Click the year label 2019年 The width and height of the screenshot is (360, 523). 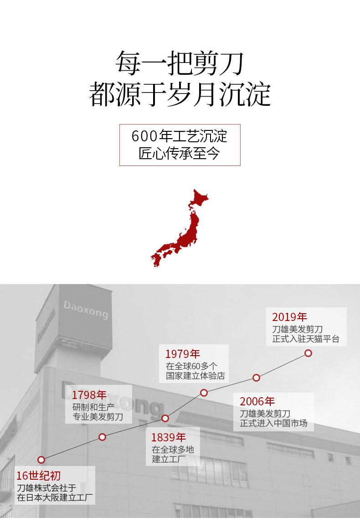click(290, 317)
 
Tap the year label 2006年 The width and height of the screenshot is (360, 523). click(257, 402)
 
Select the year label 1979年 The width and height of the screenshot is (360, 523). click(183, 354)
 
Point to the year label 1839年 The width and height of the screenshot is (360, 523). click(169, 437)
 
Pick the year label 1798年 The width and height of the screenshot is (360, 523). click(89, 394)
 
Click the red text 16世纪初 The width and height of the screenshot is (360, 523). click(38, 476)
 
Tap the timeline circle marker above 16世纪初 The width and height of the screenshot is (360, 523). click(41, 460)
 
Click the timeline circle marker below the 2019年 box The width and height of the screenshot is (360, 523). click(308, 353)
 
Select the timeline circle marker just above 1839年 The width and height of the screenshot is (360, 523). click(165, 418)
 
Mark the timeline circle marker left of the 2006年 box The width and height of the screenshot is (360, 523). click(256, 378)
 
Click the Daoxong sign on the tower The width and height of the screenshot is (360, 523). click(86, 310)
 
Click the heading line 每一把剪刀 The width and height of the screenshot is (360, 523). click(180, 63)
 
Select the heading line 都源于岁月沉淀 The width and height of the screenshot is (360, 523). click(180, 94)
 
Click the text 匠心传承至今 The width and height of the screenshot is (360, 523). click(180, 153)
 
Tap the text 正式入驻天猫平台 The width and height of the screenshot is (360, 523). click(306, 340)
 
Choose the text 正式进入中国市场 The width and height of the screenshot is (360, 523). click(273, 424)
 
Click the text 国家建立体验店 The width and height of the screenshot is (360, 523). click(195, 377)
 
